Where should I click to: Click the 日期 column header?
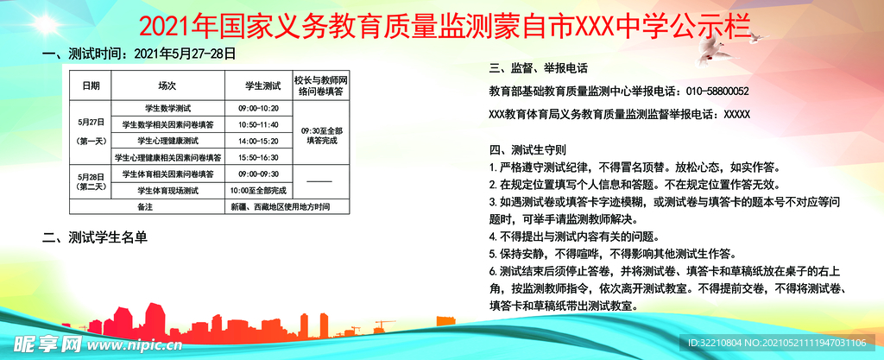pyautogui.click(x=91, y=86)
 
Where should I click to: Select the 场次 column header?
pyautogui.click(x=167, y=86)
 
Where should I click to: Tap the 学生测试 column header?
pyautogui.click(x=258, y=86)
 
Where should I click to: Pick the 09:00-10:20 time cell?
pyautogui.click(x=258, y=109)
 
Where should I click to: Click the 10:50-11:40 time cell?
pyautogui.click(x=258, y=124)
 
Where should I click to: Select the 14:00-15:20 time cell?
pyautogui.click(x=258, y=141)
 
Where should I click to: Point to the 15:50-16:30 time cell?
pyautogui.click(x=258, y=157)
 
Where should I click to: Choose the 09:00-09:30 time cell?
pyautogui.click(x=258, y=174)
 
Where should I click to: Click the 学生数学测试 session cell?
pyautogui.click(x=167, y=109)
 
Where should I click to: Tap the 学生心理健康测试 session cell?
pyautogui.click(x=167, y=141)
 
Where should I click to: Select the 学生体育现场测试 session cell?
pyautogui.click(x=167, y=190)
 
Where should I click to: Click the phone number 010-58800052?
pyautogui.click(x=717, y=92)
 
